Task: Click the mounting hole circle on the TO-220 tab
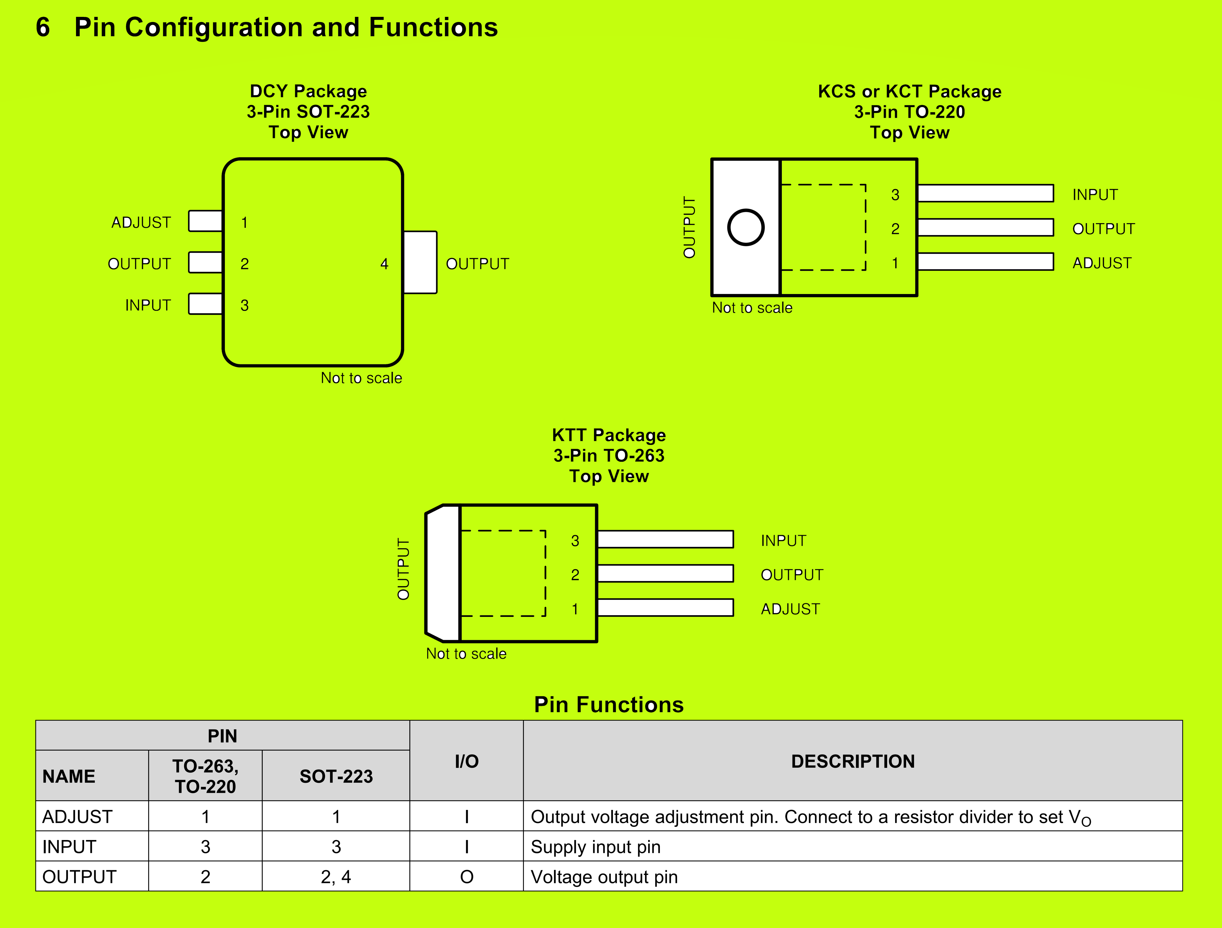(746, 227)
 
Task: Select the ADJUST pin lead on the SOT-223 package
(206, 221)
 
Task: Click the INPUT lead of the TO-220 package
(985, 193)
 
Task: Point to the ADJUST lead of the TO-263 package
(665, 608)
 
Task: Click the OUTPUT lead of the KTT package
(665, 573)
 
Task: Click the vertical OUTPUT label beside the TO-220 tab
(689, 227)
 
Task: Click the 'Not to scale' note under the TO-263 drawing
(466, 654)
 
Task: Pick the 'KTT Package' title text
(609, 435)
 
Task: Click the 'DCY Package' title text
(308, 91)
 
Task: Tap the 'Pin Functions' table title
(609, 705)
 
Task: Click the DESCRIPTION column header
(852, 761)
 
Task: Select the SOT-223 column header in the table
(336, 776)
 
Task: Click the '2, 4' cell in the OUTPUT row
(336, 877)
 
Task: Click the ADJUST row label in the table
(77, 816)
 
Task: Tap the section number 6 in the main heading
(43, 28)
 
